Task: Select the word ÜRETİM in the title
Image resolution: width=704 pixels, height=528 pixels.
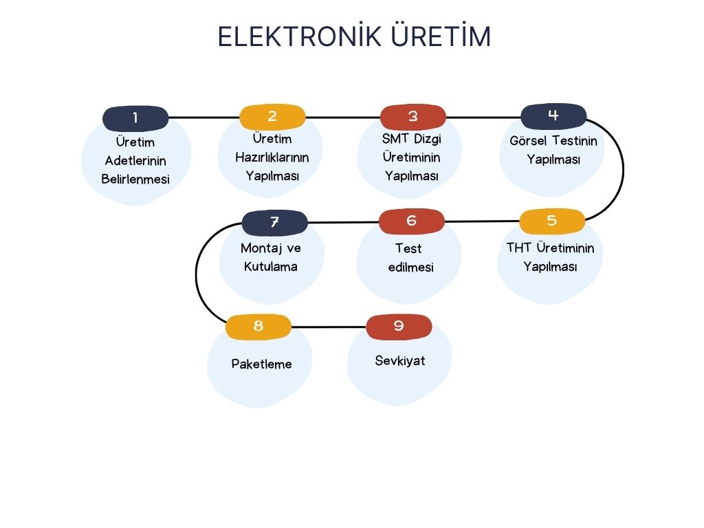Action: pos(441,36)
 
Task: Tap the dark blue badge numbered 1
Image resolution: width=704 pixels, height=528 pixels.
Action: pos(135,118)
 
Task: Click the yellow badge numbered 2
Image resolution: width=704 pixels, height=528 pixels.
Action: pos(272,117)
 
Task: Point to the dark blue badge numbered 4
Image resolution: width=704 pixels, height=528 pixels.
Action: pos(553,115)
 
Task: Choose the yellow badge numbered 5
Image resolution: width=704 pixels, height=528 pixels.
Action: pos(551,221)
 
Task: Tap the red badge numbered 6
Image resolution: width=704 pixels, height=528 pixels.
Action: pos(412,221)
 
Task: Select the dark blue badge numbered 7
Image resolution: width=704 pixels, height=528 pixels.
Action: pos(274,223)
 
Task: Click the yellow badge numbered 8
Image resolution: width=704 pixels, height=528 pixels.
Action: pos(258,327)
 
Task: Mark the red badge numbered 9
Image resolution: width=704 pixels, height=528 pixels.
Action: pos(399,327)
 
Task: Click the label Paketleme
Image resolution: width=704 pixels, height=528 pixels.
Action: pos(261,364)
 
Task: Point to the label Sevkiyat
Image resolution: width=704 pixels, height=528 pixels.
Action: pos(400,361)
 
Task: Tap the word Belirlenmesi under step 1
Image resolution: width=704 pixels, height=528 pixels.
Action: pos(135,179)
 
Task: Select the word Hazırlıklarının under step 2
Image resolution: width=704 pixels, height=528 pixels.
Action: pos(272,157)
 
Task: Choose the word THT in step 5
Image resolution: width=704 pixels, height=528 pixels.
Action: pos(519,248)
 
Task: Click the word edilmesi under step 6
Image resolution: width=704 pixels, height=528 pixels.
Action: pos(410,267)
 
